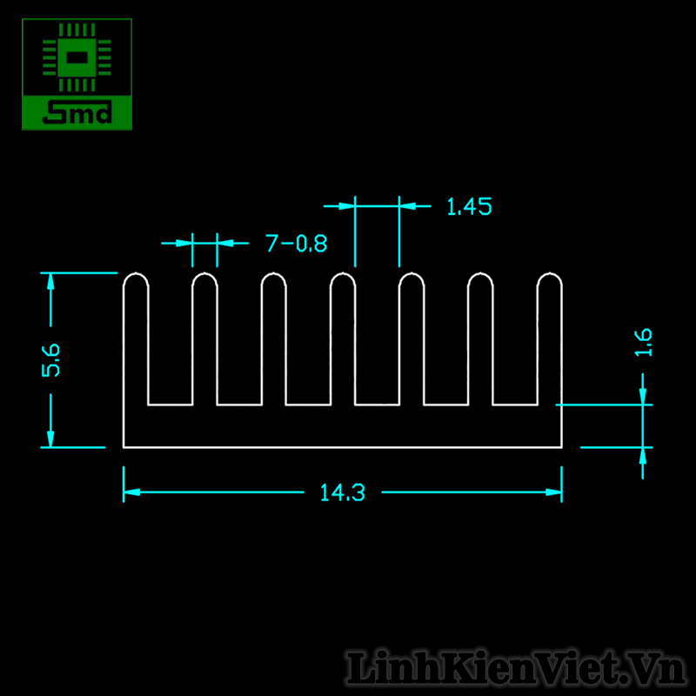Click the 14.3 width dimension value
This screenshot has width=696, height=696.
(x=342, y=493)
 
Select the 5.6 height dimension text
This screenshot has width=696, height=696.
(x=51, y=359)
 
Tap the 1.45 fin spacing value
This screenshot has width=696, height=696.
(x=469, y=207)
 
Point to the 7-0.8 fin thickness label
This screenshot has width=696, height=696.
(x=297, y=244)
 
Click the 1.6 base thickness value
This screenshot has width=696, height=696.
(x=644, y=342)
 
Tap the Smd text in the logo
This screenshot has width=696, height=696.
(x=77, y=112)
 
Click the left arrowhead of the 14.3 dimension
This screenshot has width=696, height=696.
(x=130, y=493)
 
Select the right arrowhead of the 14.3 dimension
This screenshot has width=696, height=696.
(x=554, y=493)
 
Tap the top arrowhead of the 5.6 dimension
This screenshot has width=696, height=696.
(x=50, y=280)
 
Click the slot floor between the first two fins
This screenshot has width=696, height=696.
(x=170, y=405)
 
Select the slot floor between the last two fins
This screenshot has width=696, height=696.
(x=514, y=405)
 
